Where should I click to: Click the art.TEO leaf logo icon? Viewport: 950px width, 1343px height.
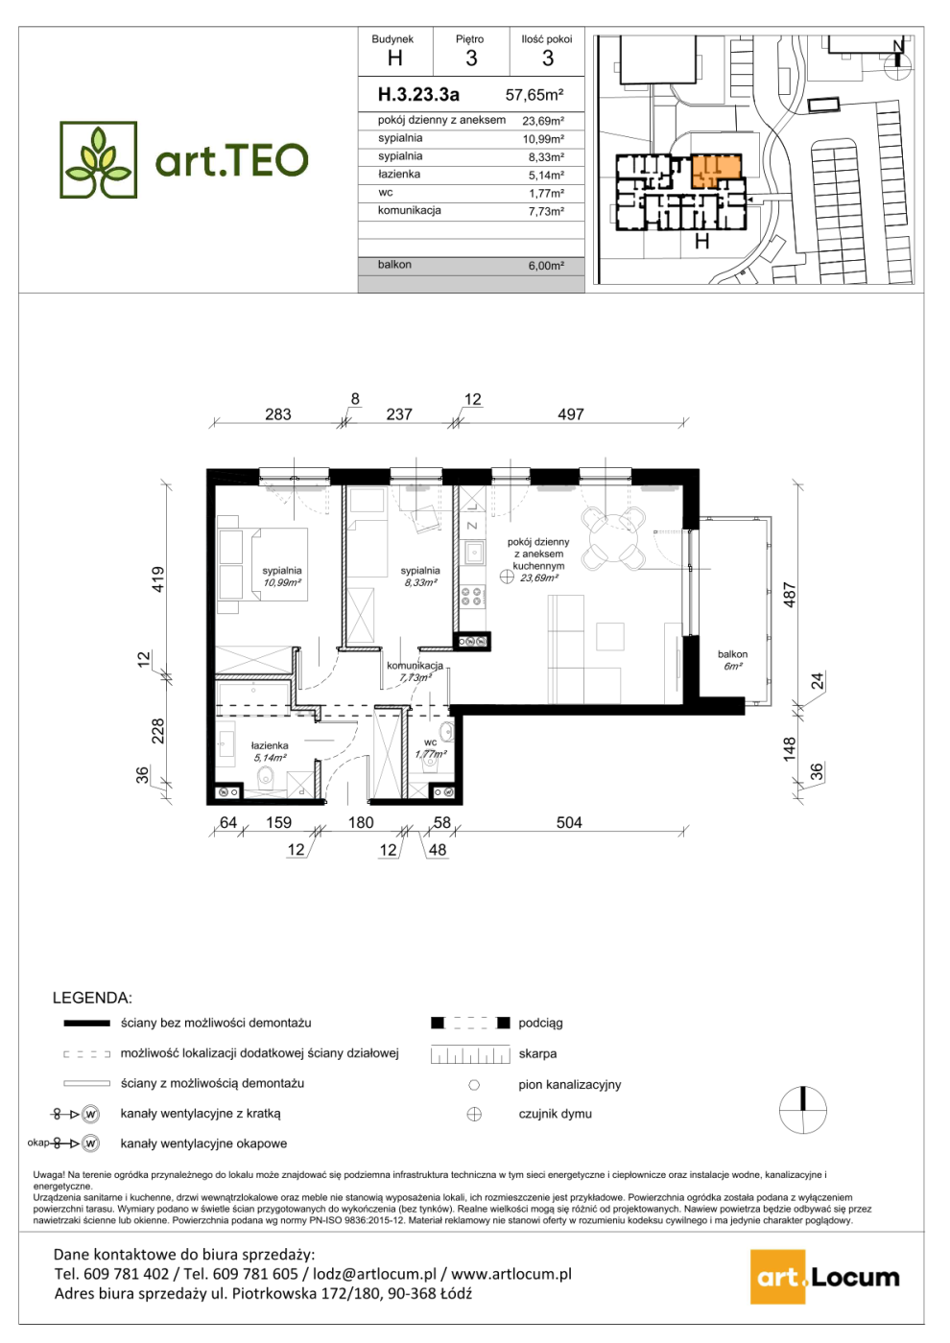point(98,159)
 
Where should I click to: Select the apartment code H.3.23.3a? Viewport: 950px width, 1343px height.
point(418,94)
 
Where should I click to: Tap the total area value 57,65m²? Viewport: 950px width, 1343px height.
point(534,95)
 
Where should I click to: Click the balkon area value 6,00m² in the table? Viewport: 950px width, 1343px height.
point(546,266)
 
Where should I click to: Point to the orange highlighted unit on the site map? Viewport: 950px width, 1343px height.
point(717,171)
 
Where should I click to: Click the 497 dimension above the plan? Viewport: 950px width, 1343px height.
point(570,414)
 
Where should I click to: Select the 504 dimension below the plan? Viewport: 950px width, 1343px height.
point(568,823)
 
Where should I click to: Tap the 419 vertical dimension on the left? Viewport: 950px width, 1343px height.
point(157,579)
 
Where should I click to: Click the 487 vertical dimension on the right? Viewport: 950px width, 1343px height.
point(789,595)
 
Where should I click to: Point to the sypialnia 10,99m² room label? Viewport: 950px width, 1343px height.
point(281,577)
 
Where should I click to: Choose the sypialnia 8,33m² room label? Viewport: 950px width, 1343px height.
point(420,577)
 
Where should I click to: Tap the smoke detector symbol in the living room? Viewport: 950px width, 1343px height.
point(507,577)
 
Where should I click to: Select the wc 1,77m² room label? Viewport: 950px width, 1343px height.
point(431,747)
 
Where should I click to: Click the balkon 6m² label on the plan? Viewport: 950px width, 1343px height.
point(732,660)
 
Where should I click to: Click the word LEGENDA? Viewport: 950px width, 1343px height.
point(92,998)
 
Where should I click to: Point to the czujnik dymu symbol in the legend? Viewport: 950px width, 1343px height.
point(474,1114)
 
